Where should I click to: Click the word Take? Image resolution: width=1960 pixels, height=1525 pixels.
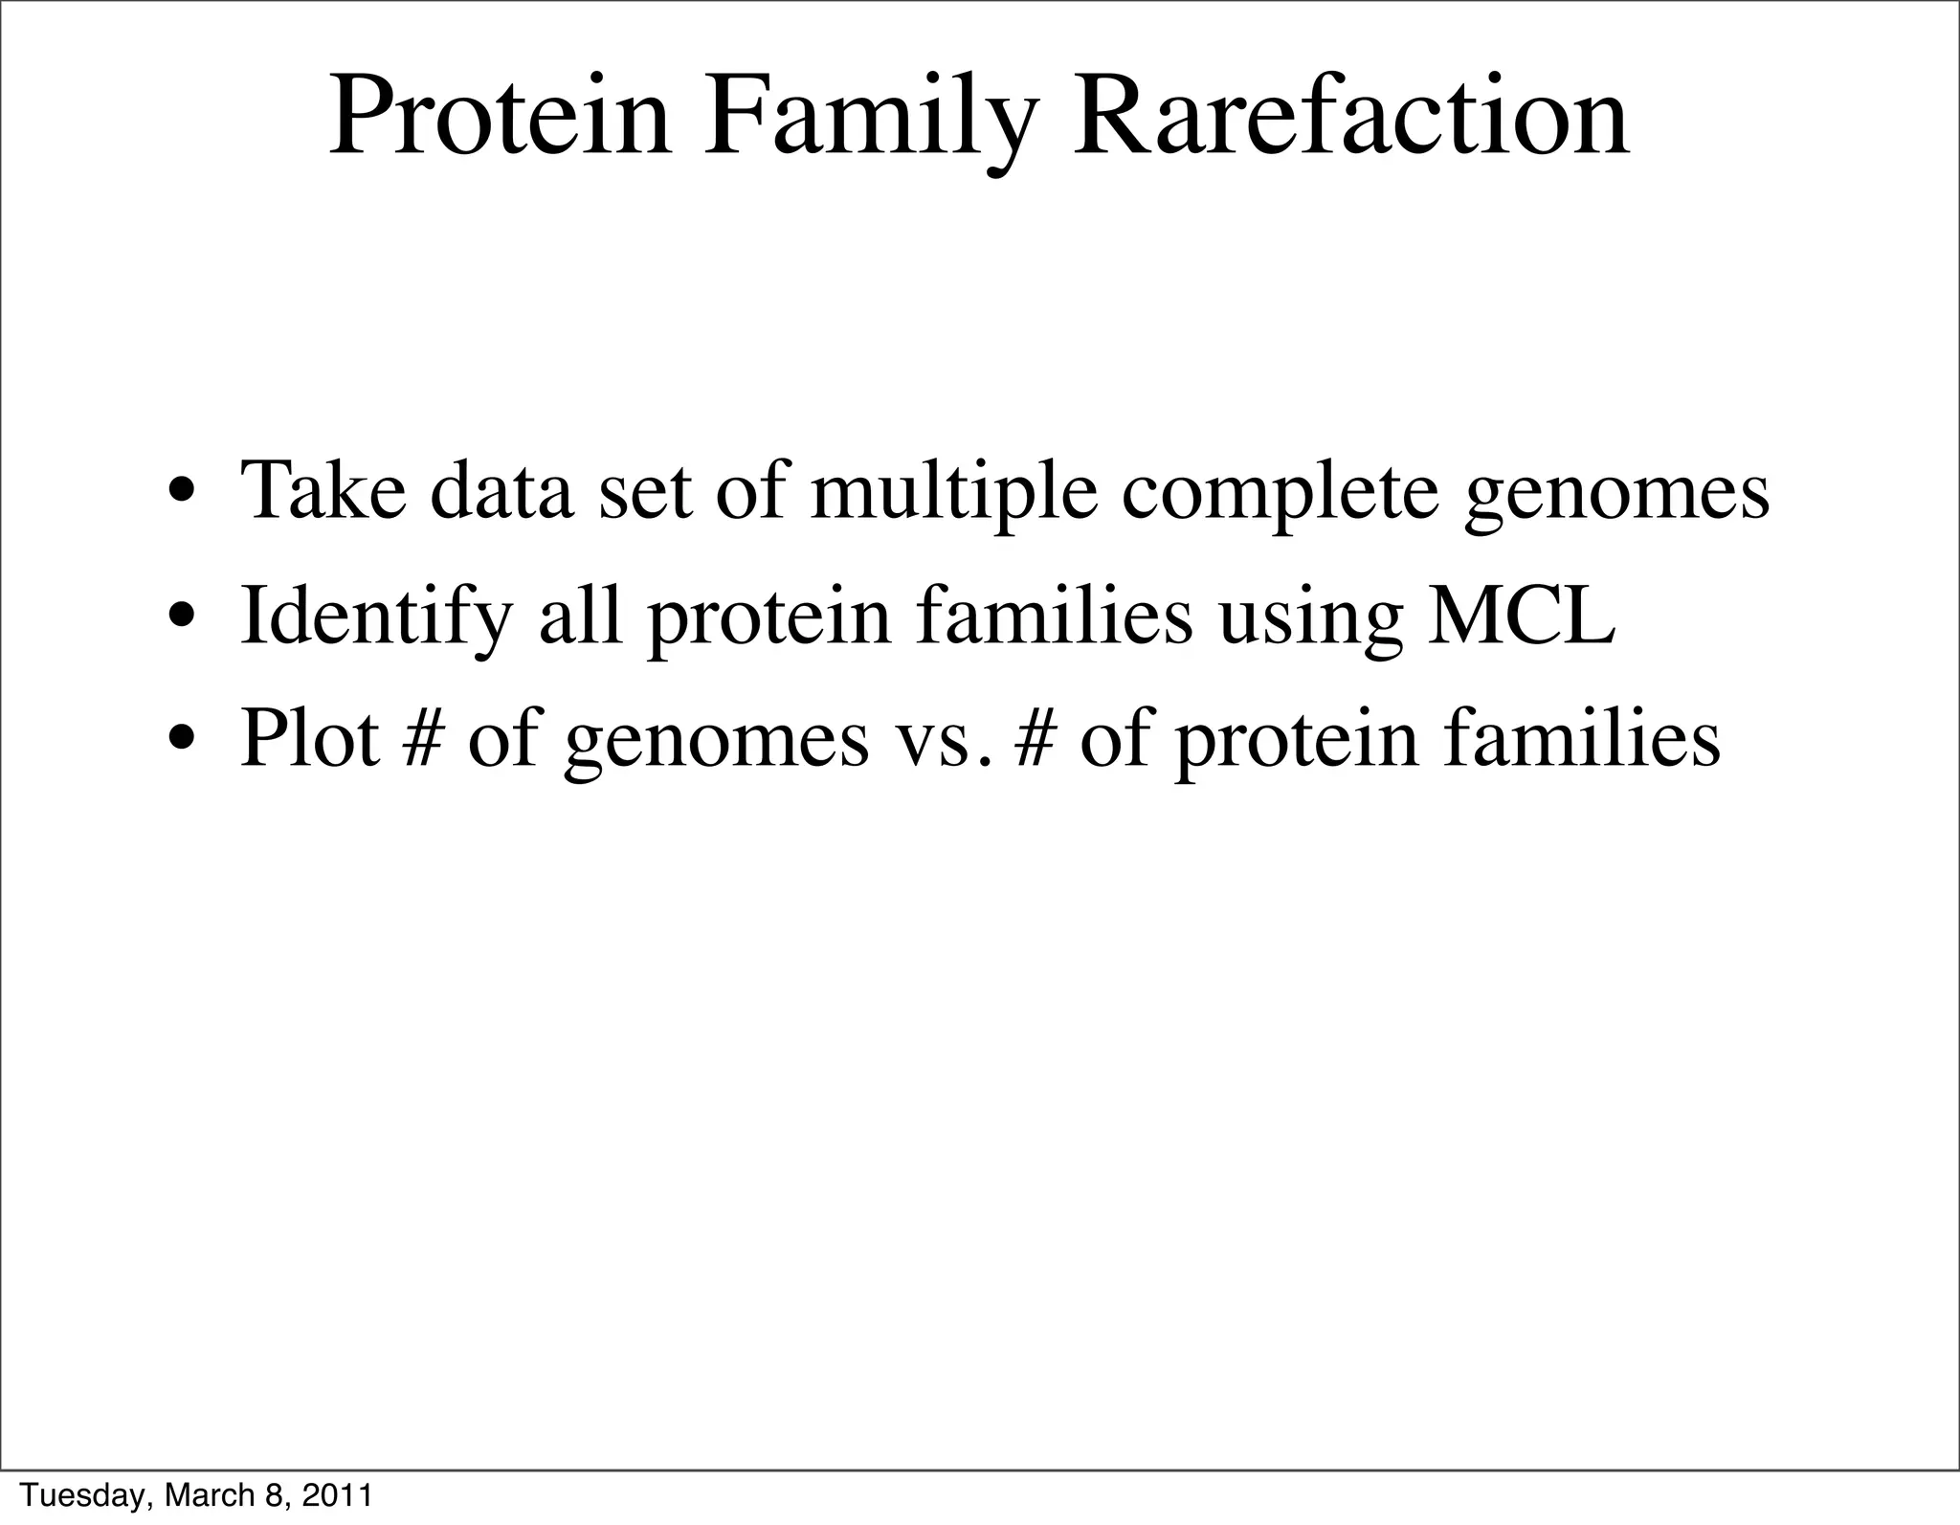(323, 490)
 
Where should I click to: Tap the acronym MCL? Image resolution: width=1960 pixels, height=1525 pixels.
(1521, 616)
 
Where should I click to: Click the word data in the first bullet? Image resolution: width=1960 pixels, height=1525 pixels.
(502, 490)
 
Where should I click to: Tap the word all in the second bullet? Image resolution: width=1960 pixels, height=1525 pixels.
(580, 615)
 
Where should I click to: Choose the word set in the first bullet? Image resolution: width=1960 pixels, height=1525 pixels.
(644, 492)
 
